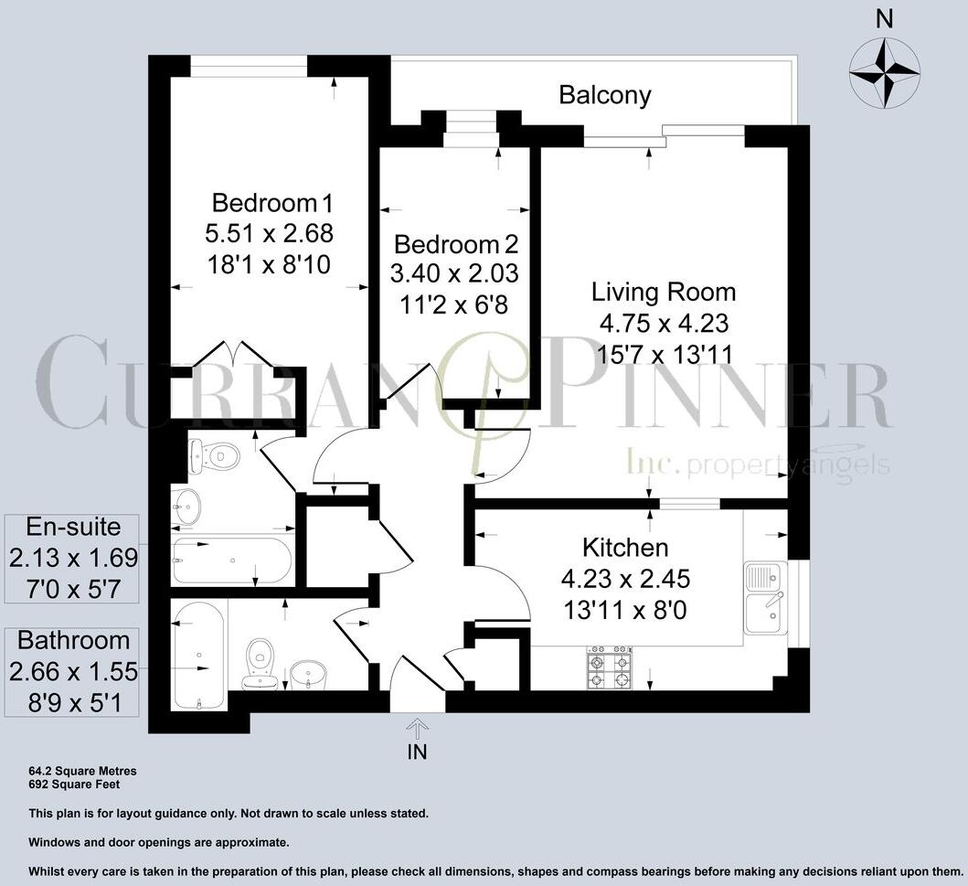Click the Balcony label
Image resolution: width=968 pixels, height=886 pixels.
pos(605,95)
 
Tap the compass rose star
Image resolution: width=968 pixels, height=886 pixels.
pos(884,73)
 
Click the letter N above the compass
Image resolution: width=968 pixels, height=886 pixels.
pos(885,20)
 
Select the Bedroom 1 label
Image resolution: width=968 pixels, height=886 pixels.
pos(271,202)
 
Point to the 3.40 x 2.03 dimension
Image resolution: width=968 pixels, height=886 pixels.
pos(454,272)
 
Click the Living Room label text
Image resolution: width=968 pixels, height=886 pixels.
pos(664,292)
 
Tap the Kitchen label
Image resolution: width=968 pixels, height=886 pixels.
pos(625,548)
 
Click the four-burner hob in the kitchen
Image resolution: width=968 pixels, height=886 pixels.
pos(610,667)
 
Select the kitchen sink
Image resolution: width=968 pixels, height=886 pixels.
pos(765,598)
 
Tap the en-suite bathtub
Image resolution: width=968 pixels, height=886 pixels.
pos(232,560)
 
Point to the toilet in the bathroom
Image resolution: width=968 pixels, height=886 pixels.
pos(260,665)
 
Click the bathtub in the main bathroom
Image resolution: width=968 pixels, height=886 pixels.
pos(198,656)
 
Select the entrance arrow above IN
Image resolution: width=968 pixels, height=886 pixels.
pos(418,729)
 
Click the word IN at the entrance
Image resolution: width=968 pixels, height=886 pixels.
pos(418,752)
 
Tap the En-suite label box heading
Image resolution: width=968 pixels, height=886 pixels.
pos(73,527)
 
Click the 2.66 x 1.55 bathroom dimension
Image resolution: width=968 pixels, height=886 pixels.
pos(73,671)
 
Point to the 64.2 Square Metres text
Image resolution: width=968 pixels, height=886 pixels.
pos(83,771)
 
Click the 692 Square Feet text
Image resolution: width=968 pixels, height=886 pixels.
pos(74,785)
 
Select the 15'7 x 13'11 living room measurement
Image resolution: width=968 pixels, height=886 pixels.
pos(665,355)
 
